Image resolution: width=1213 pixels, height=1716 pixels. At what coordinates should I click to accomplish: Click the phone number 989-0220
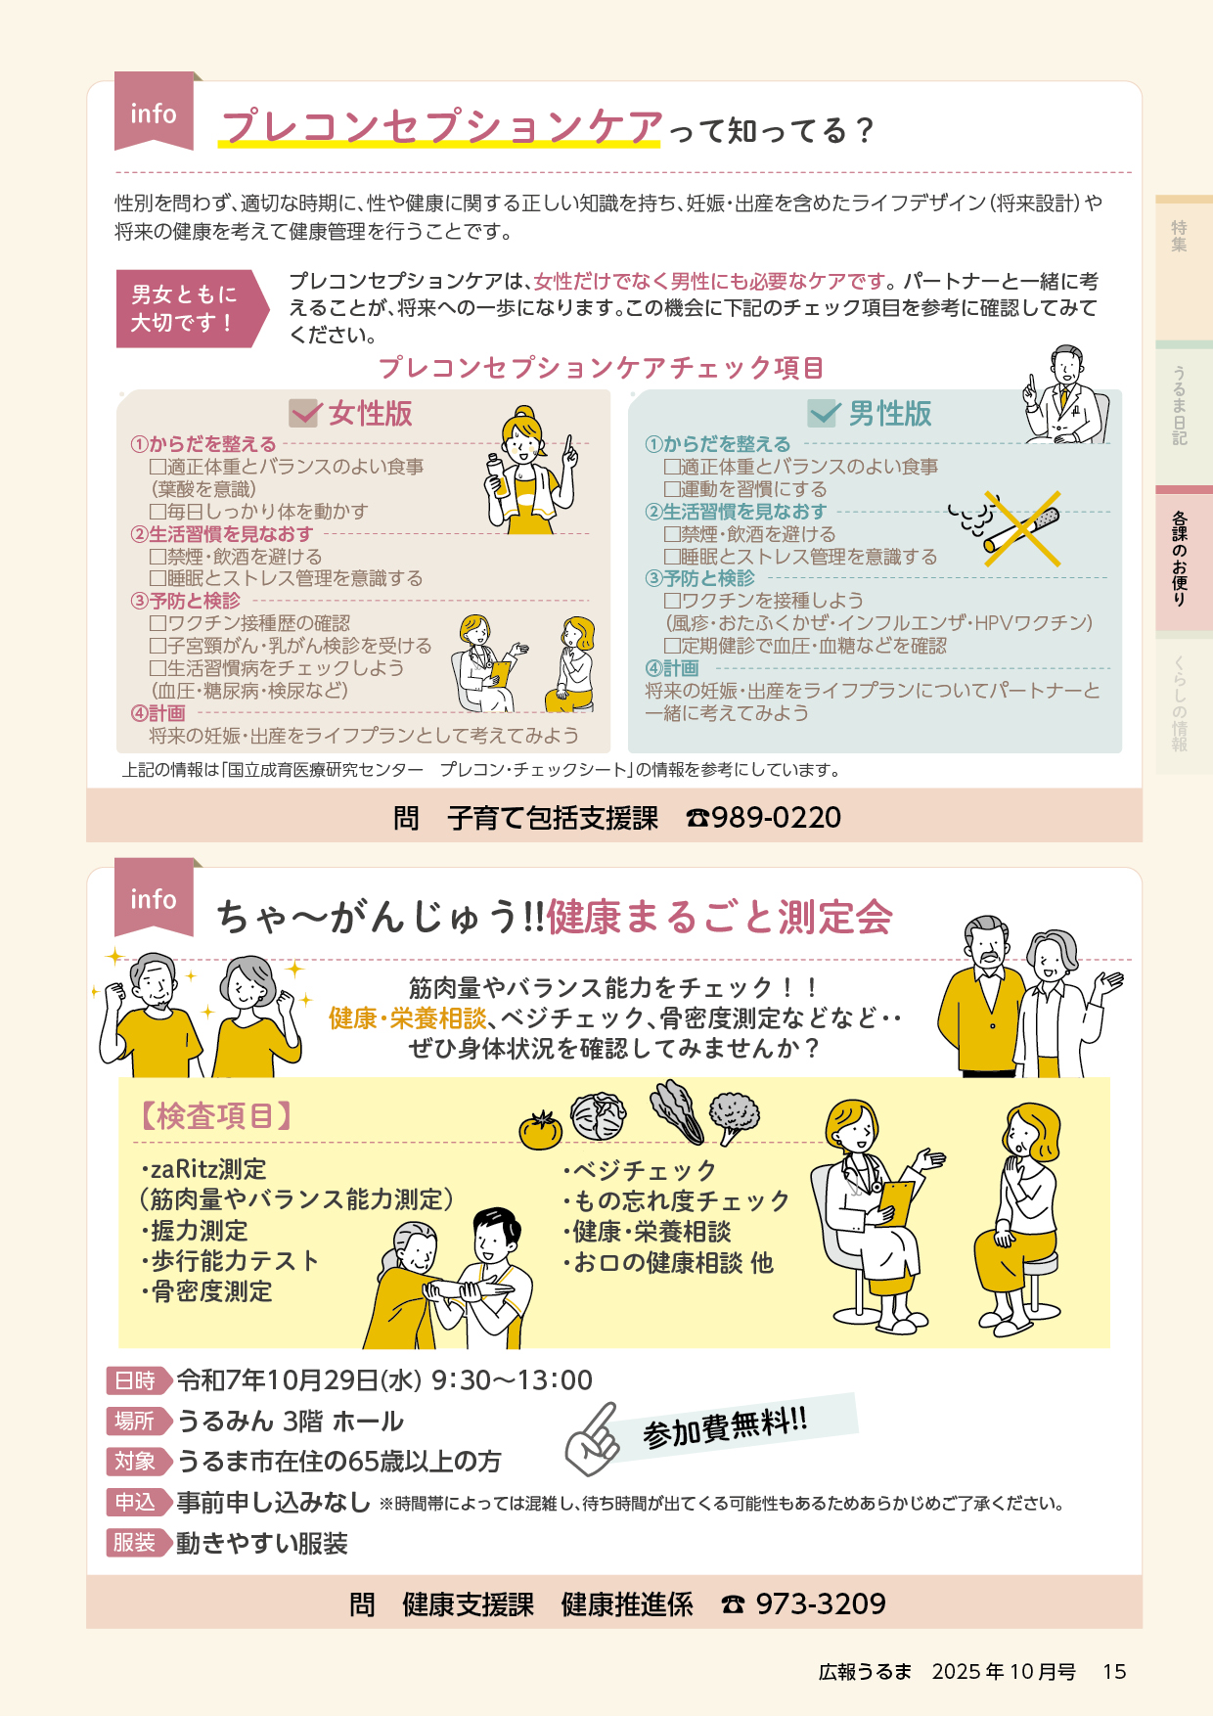tap(776, 817)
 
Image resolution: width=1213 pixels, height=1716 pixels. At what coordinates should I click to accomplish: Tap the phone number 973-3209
tap(821, 1603)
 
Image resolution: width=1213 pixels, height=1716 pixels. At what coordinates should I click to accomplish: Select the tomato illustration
tap(540, 1130)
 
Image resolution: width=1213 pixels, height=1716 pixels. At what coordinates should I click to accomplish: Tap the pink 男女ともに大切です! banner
tap(192, 308)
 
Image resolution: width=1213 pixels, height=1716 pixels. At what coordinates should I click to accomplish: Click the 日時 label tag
tap(138, 1380)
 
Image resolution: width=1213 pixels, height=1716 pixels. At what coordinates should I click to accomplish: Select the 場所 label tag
tap(138, 1421)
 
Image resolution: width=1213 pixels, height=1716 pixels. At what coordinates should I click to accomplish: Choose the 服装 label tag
tap(138, 1543)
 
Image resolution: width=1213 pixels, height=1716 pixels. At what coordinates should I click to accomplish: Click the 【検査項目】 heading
tap(215, 1115)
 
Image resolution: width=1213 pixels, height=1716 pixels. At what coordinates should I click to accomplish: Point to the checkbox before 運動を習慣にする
tap(672, 489)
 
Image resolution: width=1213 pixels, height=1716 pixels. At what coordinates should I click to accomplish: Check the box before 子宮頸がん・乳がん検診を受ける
tap(157, 646)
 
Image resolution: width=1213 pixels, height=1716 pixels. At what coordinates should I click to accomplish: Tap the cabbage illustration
tap(598, 1116)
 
